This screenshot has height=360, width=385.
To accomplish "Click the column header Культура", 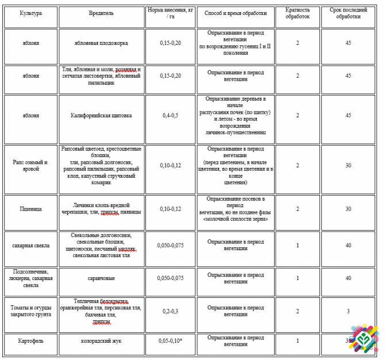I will point(30,12).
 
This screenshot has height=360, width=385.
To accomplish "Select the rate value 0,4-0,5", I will point(171,116).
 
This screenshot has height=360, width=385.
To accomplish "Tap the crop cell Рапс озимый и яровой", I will point(30,166).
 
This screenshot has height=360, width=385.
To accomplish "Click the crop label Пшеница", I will point(30,209).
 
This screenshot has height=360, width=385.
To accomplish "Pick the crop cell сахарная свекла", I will point(30,246).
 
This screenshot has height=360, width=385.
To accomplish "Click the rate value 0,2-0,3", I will point(171,311).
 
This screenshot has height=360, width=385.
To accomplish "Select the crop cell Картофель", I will point(30,341).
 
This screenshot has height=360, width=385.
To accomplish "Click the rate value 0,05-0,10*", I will point(171,341).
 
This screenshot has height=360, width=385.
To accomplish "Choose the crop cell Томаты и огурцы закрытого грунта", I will point(30,311).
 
